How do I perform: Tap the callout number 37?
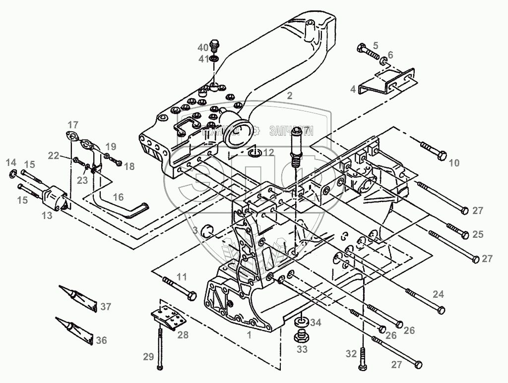tap(106, 307)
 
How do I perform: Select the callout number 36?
tap(101, 340)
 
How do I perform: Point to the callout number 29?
tap(148, 357)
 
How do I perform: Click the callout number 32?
tap(351, 354)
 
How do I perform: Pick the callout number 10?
tap(454, 163)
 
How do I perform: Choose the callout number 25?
tap(478, 234)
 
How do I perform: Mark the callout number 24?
tap(438, 294)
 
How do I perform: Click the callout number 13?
tap(47, 215)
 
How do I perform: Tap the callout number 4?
tap(353, 90)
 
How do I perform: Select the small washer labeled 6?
tap(384, 62)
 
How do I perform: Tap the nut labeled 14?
tap(13, 173)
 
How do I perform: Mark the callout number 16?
tap(118, 197)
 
